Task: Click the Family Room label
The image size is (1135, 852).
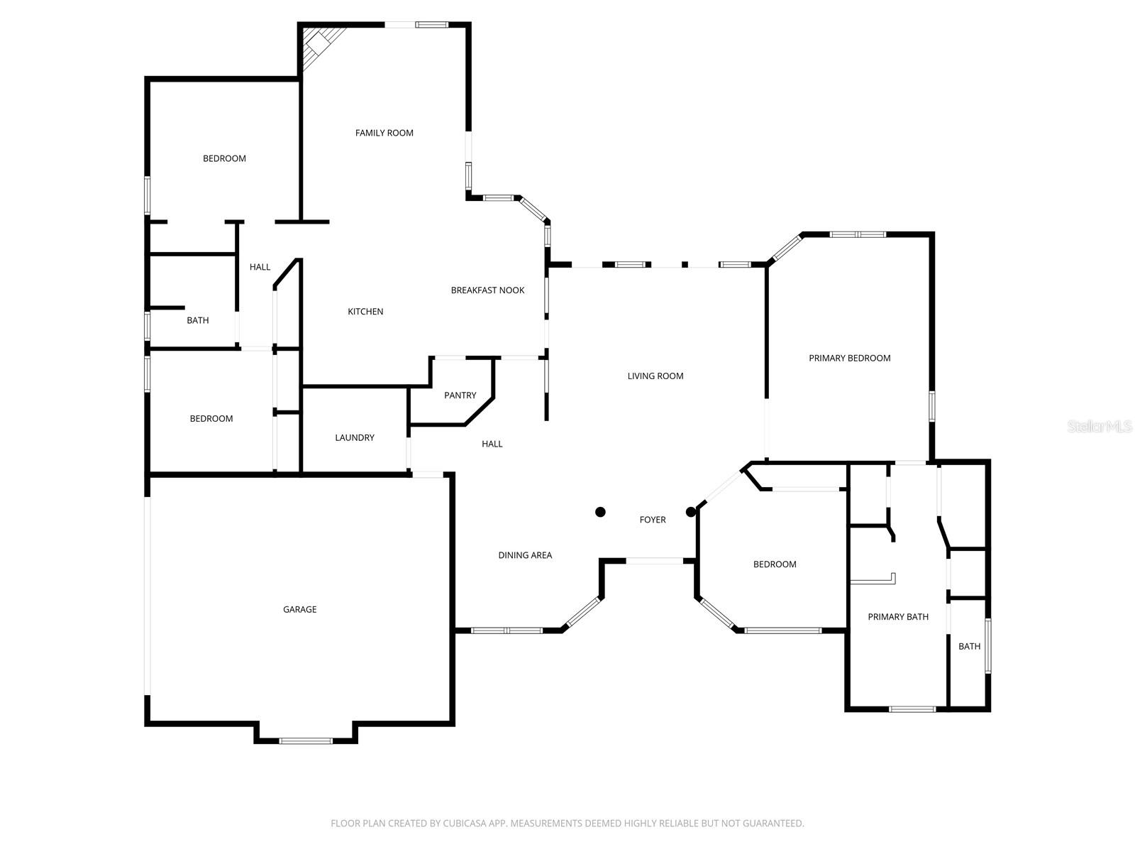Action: coord(384,133)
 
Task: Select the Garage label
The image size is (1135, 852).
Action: coord(299,609)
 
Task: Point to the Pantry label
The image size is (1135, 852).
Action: coord(460,395)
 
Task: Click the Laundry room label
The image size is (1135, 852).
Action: coord(354,438)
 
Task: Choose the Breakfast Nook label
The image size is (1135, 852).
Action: coord(487,290)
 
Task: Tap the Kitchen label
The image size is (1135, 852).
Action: coord(365,312)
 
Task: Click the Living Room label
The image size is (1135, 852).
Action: coord(655,376)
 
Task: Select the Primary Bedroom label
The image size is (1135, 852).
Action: coord(849,359)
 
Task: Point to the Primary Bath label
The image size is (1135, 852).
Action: coord(897,617)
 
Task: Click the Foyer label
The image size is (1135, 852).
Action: coord(652,520)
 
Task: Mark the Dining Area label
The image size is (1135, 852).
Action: coord(524,556)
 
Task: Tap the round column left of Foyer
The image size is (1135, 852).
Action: coord(600,512)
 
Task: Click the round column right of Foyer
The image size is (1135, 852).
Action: coord(691,512)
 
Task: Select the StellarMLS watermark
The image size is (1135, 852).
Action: coord(1100,427)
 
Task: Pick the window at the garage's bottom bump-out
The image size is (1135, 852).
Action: coord(305,741)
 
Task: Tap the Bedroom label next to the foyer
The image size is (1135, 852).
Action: coord(774,564)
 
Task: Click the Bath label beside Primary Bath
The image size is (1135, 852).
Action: coord(969,647)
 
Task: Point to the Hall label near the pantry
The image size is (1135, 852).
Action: coord(492,444)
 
